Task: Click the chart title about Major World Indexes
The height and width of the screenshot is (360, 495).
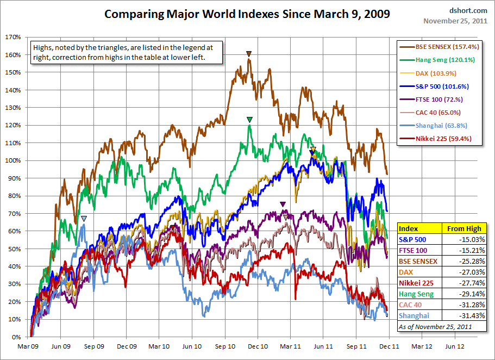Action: tap(247, 14)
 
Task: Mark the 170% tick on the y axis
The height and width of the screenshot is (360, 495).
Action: tap(13, 37)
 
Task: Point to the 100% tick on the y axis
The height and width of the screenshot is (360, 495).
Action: tap(13, 160)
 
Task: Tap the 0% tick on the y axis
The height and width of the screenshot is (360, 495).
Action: tap(16, 337)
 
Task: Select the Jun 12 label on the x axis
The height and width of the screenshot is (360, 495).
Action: tap(455, 346)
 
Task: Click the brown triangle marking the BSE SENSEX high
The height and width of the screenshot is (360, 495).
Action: tap(249, 54)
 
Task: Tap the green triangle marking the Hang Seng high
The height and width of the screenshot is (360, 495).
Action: tap(249, 120)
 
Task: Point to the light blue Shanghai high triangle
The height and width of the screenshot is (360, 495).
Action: tap(84, 219)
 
